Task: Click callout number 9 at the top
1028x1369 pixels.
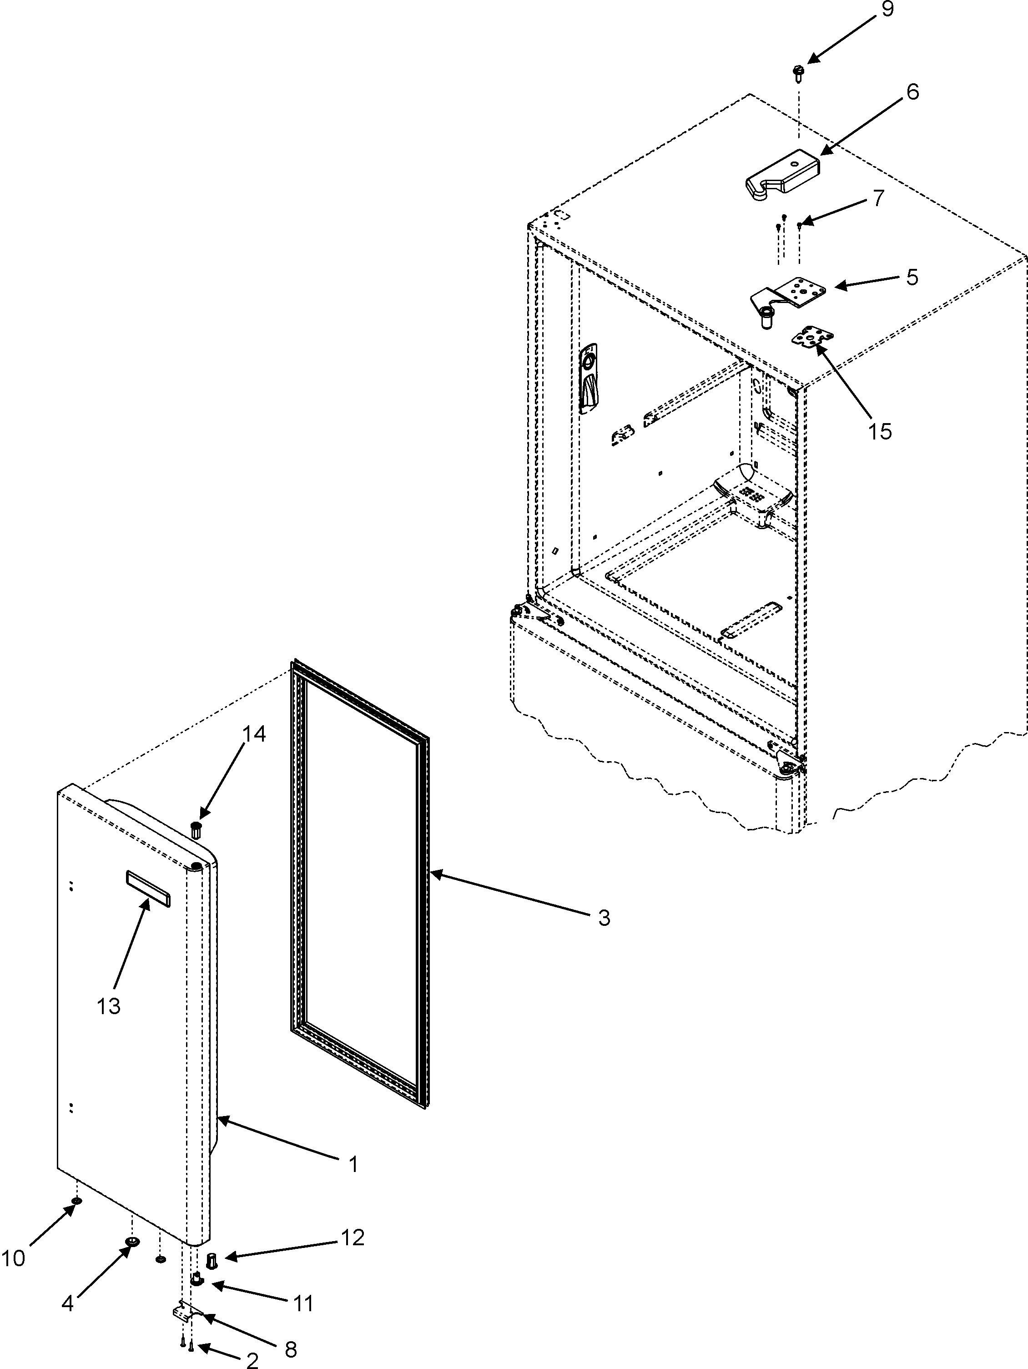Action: coord(887,10)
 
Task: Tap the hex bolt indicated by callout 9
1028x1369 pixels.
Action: coord(798,73)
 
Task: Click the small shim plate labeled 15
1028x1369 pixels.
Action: coord(813,338)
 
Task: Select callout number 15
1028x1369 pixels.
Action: coord(879,431)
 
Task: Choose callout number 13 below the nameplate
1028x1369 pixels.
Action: coord(108,1006)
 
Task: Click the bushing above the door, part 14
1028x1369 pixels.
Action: coord(197,829)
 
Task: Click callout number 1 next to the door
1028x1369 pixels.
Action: coord(353,1165)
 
